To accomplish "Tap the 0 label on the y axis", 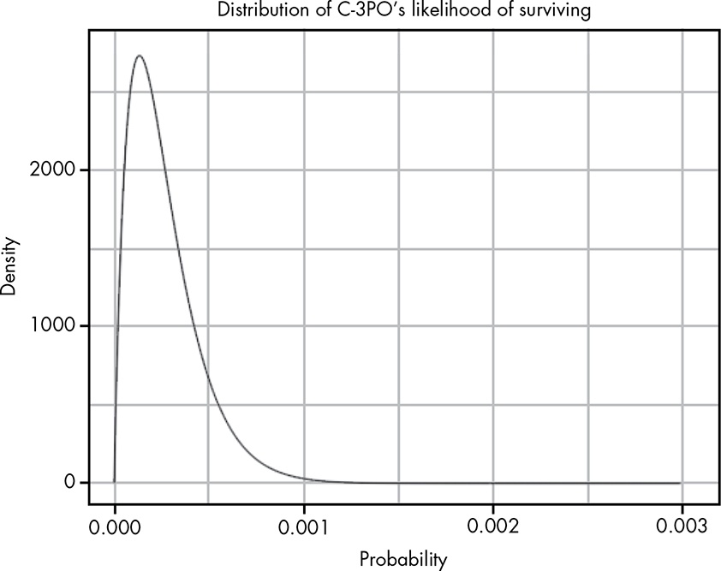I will pos(71,482).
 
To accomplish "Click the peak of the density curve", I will pos(138,57).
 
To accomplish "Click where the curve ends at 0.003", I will pos(682,482).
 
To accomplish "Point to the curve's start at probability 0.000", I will pos(114,482).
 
